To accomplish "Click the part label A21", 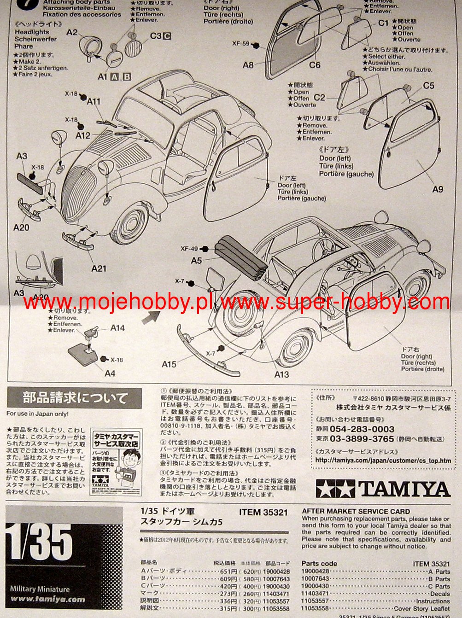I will (99, 268).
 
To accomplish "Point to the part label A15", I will (169, 364).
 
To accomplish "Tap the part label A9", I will (438, 189).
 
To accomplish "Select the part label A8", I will (248, 65).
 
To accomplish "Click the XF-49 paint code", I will (189, 249).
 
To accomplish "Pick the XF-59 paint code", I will (241, 44).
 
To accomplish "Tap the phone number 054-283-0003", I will (362, 429).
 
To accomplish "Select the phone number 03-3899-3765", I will (362, 439).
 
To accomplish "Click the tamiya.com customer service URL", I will (383, 461).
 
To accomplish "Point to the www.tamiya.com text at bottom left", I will (47, 599).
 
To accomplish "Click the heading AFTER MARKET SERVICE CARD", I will (356, 511).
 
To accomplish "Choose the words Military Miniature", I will (40, 589).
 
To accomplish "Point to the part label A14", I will (117, 328).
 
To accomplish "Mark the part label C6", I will (315, 65).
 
